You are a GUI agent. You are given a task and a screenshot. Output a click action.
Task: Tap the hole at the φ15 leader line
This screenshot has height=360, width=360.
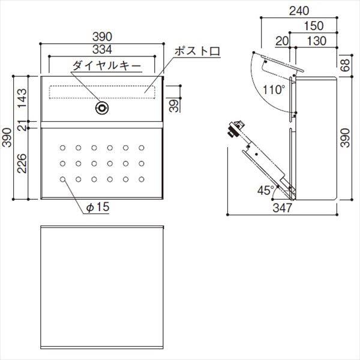[64, 178]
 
